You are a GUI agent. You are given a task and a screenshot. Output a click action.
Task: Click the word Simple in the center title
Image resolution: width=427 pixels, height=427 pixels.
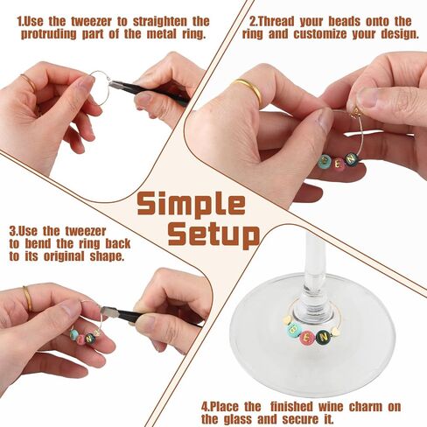point(191,204)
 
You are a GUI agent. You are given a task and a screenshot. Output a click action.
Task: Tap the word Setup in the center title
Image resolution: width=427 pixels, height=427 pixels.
point(213,235)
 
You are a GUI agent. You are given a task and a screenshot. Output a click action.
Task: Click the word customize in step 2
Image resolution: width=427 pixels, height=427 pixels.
point(320,34)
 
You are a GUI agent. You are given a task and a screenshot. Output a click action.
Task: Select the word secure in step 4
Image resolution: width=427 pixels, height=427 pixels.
point(298,419)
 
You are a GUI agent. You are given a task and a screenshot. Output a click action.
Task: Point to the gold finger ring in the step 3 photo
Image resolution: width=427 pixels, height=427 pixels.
point(27,298)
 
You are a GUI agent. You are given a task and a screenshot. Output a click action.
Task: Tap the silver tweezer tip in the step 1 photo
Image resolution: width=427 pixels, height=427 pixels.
point(112,83)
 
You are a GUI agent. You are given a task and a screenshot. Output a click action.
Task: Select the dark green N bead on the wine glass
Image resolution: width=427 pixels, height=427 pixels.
point(324,337)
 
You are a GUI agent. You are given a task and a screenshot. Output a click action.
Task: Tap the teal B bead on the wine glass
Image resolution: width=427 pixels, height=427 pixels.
point(292,330)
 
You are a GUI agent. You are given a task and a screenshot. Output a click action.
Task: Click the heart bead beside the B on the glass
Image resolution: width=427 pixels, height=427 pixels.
point(287,320)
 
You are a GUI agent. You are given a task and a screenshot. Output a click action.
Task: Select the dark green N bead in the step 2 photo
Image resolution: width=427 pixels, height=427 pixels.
point(351,159)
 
